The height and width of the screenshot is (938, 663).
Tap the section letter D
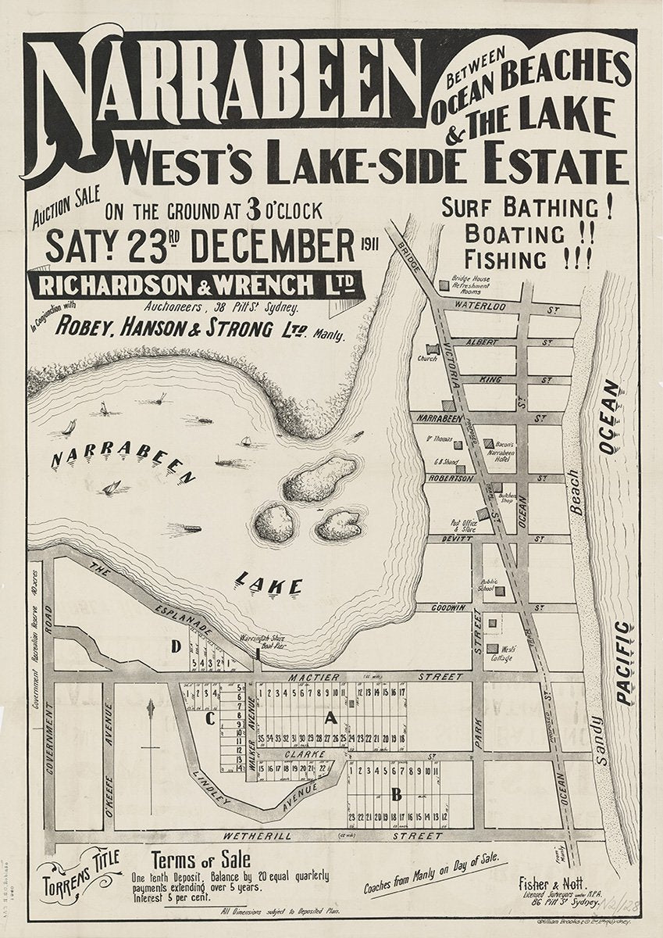coord(176,646)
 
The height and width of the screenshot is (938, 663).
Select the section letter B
coord(396,796)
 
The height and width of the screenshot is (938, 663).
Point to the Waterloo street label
coord(476,306)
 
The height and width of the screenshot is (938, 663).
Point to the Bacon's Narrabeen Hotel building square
coord(488,443)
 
